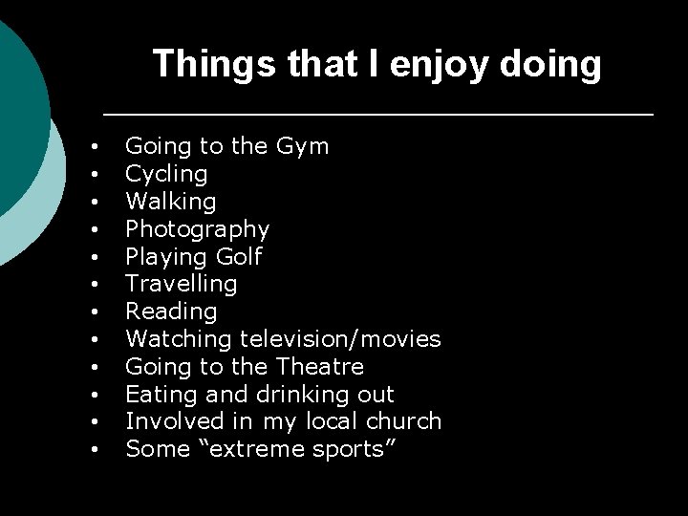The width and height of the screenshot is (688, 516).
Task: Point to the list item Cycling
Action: click(x=166, y=174)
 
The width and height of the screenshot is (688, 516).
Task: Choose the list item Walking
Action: click(x=171, y=202)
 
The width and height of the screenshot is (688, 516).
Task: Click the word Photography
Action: click(x=198, y=229)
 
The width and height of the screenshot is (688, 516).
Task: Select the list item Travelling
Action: click(x=182, y=284)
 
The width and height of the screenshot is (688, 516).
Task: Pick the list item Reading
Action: click(x=172, y=312)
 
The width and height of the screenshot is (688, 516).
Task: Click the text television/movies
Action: click(x=340, y=339)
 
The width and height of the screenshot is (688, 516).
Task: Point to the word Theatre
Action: click(x=318, y=367)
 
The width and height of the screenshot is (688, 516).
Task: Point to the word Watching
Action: click(x=179, y=339)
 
